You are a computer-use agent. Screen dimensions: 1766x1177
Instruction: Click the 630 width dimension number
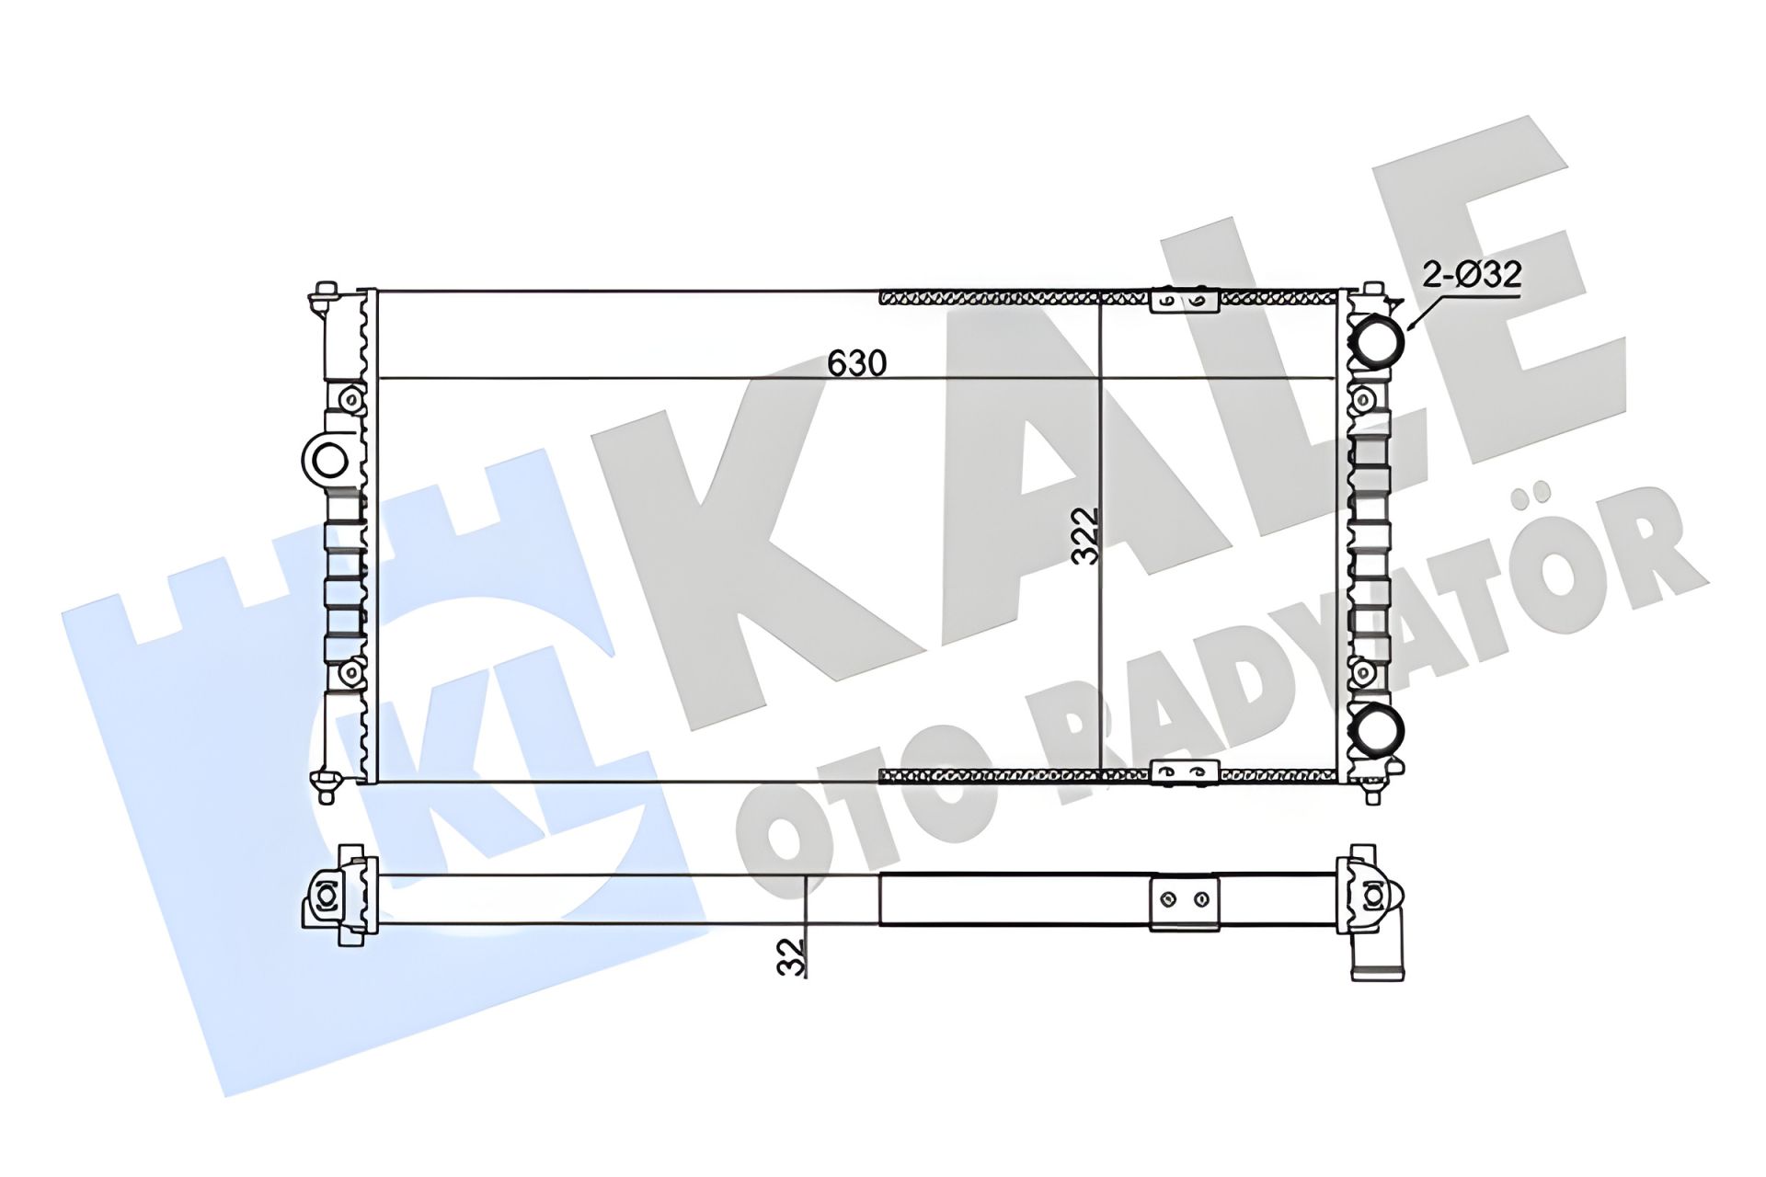tap(856, 363)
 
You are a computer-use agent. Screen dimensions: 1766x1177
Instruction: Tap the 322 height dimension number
tap(1087, 536)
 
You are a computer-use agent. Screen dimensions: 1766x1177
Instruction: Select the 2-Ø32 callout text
tap(1472, 275)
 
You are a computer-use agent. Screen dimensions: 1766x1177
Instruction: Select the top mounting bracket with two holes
tap(1185, 301)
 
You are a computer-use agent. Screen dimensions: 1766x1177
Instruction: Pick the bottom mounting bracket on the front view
tap(1185, 772)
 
